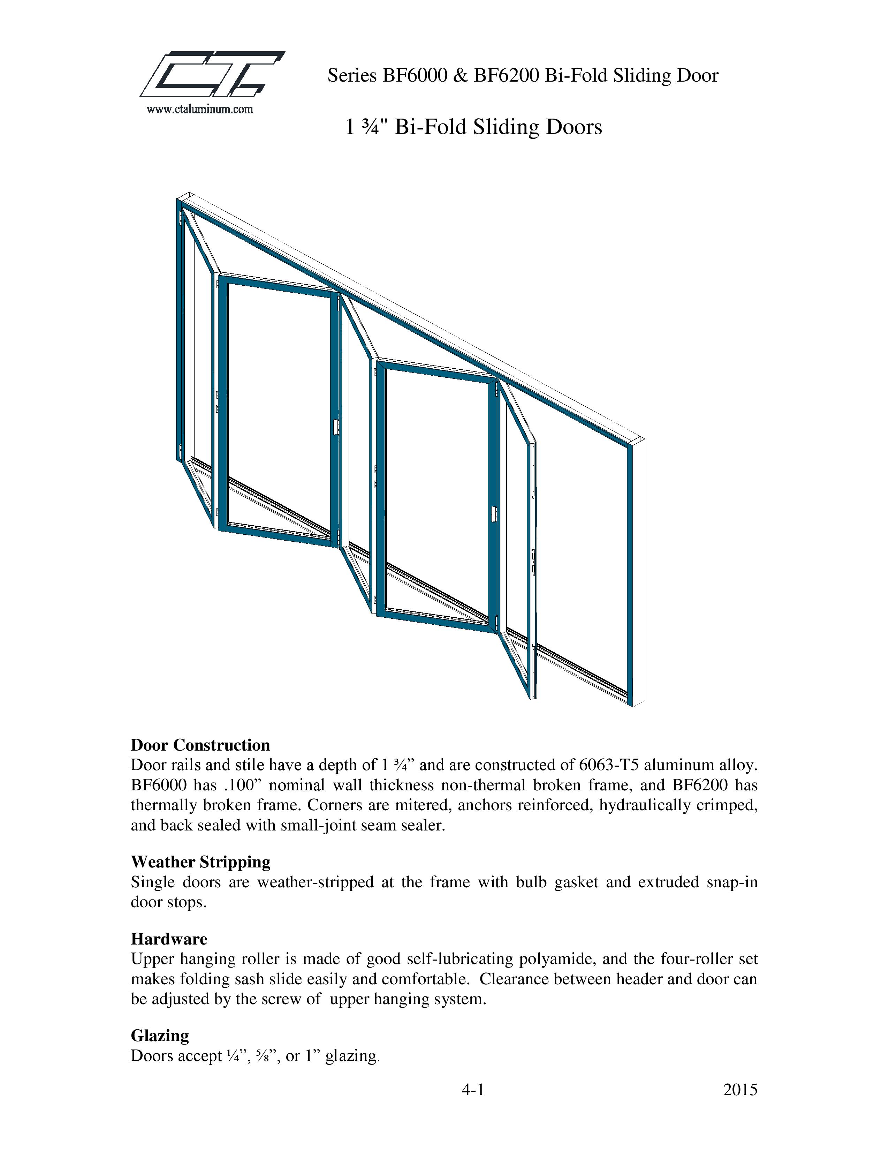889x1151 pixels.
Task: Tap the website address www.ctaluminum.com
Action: coord(200,110)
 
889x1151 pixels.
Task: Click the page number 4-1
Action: coord(472,1090)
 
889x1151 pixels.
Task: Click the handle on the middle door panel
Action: coord(493,514)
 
